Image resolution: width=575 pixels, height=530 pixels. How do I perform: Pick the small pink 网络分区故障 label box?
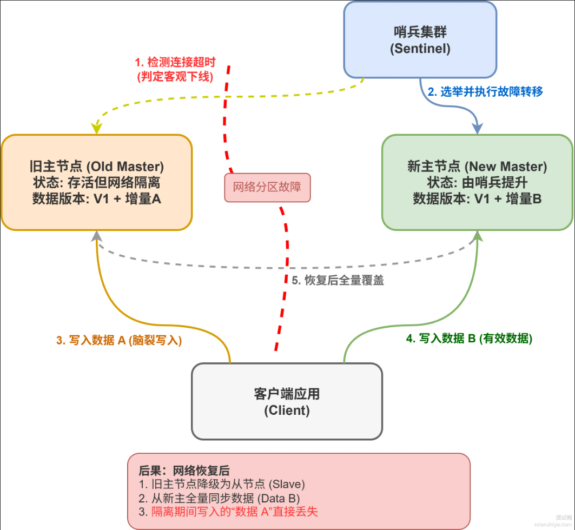[x=267, y=188]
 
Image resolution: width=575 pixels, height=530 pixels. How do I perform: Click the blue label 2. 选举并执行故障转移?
[x=485, y=92]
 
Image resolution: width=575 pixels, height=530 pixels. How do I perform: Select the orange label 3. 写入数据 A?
[x=119, y=340]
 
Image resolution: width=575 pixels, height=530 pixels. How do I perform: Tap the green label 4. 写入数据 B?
[x=469, y=339]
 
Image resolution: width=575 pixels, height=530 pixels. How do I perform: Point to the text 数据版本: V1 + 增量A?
[x=97, y=199]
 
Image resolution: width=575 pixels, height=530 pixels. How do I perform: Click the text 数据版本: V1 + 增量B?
[x=477, y=199]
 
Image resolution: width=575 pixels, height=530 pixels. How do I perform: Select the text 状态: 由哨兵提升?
[x=477, y=182]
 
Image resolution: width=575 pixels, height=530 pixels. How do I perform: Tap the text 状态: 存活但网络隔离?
[x=97, y=182]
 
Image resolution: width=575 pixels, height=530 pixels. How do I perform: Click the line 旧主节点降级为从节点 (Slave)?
[x=222, y=484]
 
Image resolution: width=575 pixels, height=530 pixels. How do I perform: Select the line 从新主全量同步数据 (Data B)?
[x=219, y=498]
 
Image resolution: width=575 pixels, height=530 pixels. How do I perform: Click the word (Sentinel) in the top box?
[x=420, y=49]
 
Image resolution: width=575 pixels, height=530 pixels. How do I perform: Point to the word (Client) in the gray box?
[x=287, y=410]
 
